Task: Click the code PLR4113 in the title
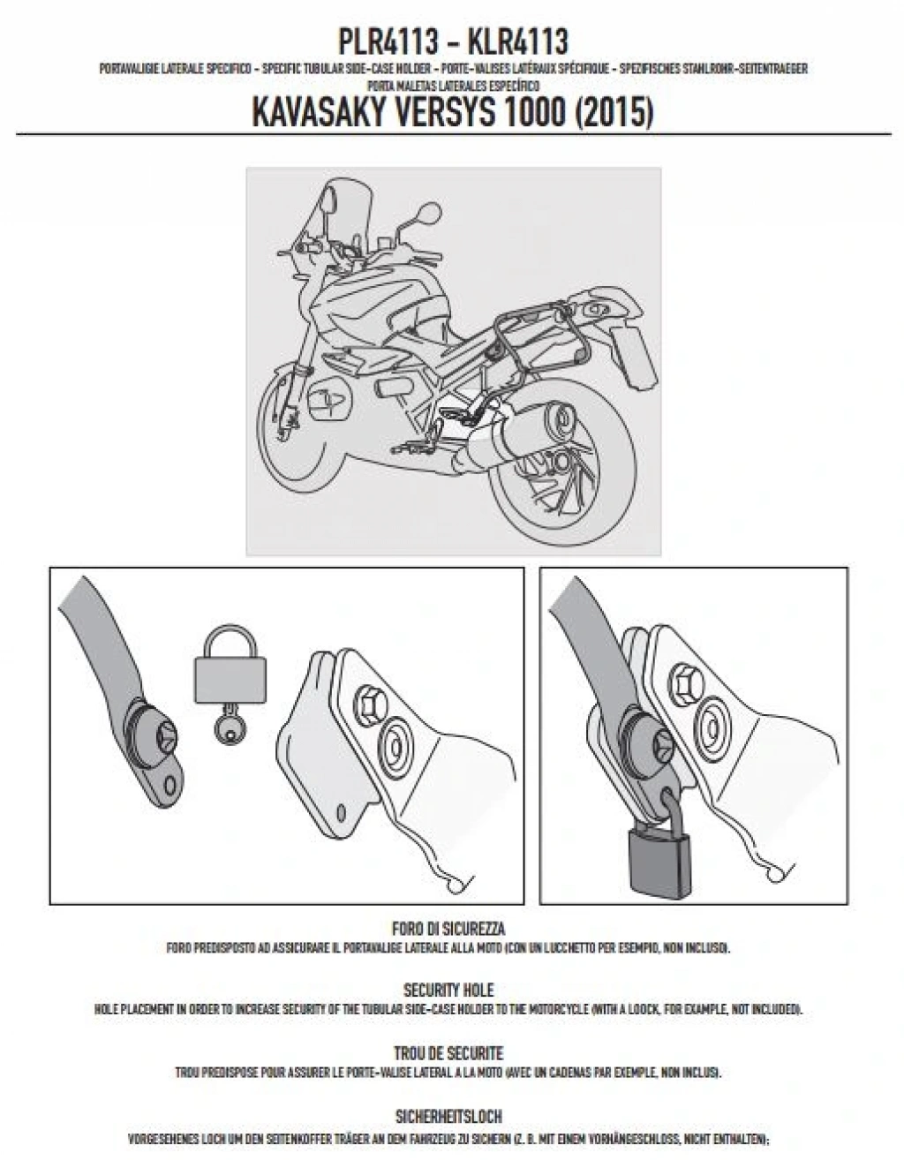pos(386,41)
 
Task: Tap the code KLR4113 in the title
pos(517,41)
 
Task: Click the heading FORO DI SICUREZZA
pos(448,929)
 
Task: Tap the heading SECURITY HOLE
pos(448,991)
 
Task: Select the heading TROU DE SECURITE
pos(448,1053)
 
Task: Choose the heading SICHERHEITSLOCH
pos(448,1117)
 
